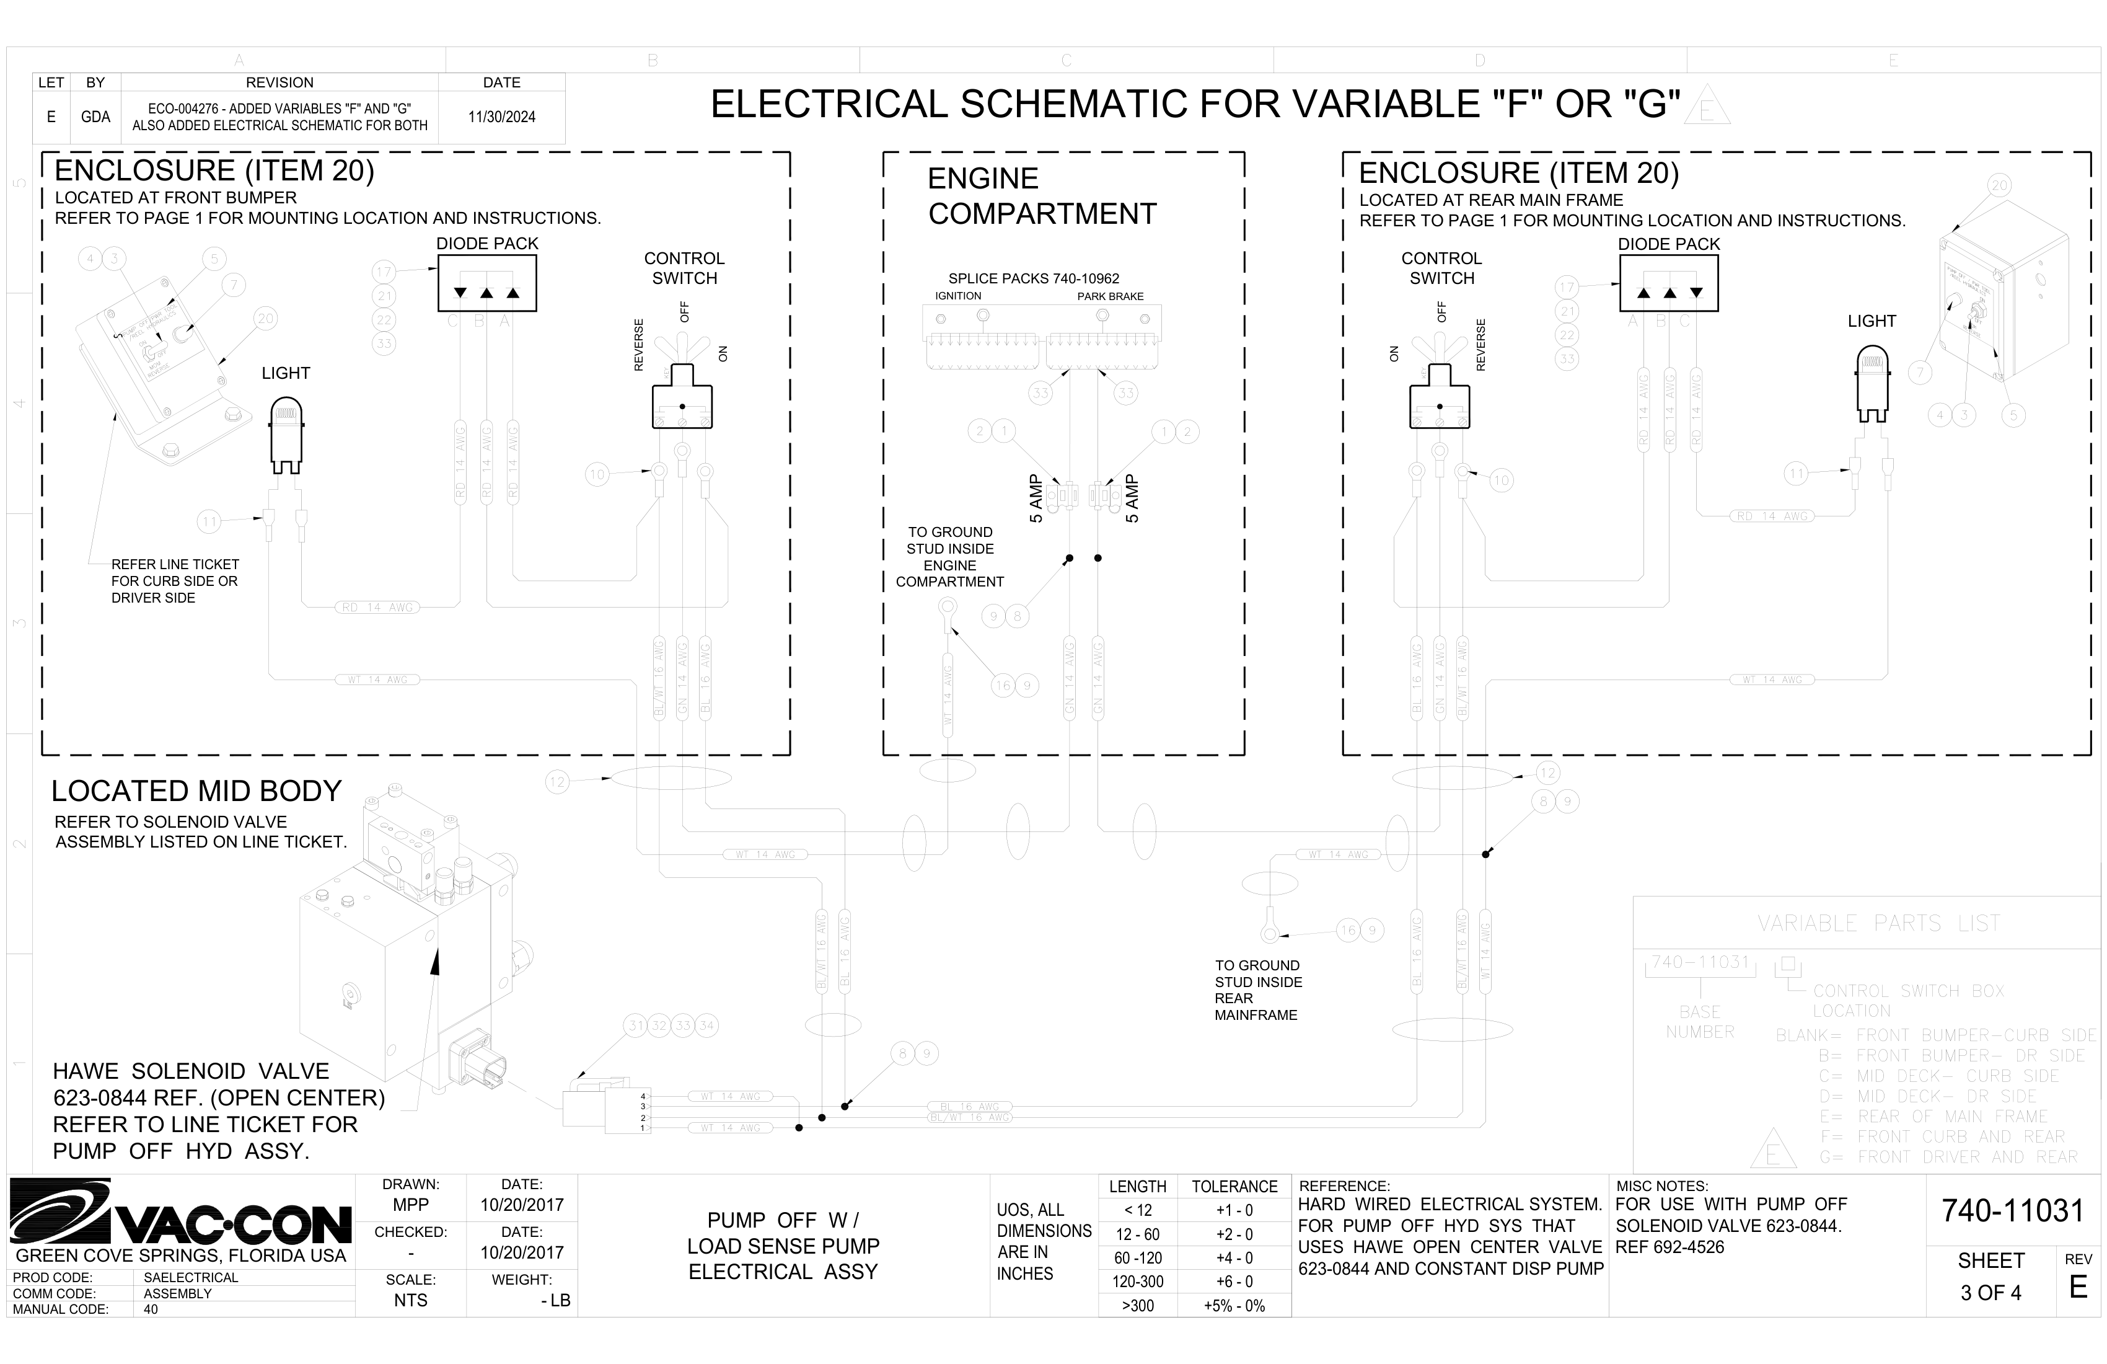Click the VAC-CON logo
click(182, 1213)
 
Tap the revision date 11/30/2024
click(501, 117)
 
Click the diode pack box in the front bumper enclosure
click(487, 283)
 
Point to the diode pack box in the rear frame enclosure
click(1669, 283)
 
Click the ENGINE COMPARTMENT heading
click(1042, 196)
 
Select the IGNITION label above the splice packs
click(958, 296)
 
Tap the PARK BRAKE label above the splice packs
click(1110, 296)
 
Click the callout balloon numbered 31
click(636, 1025)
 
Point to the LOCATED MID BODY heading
click(196, 791)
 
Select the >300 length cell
click(1138, 1306)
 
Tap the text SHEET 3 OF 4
click(1991, 1277)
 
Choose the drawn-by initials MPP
click(411, 1205)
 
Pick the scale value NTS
click(411, 1300)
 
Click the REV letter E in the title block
click(2078, 1287)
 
